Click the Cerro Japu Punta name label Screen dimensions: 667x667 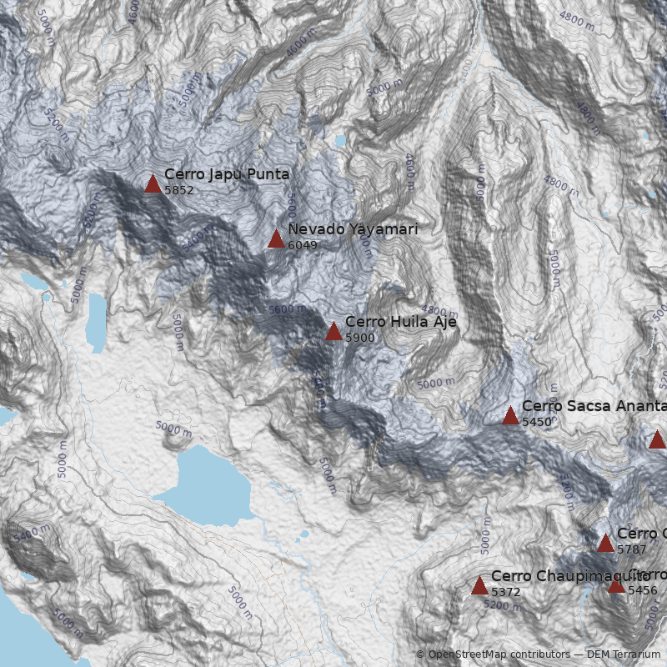[x=227, y=174]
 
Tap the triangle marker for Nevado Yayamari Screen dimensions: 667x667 [x=276, y=239]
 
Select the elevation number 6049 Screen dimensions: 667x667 [x=303, y=245]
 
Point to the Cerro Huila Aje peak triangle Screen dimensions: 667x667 [x=333, y=332]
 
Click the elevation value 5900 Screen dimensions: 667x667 [x=360, y=338]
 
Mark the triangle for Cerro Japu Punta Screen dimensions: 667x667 [x=153, y=184]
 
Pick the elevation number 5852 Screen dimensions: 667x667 [x=179, y=190]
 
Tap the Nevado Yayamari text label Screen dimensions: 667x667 [x=353, y=229]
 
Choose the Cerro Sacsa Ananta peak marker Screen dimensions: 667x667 [x=510, y=416]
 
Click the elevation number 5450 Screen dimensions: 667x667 [x=537, y=422]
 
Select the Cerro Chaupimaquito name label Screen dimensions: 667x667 [x=570, y=576]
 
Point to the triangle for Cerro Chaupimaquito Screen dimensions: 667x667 [x=479, y=586]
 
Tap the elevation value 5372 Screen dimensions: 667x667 [x=506, y=592]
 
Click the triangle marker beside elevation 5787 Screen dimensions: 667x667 [x=605, y=544]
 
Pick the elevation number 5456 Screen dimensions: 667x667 [x=643, y=590]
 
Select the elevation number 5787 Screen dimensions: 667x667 [x=632, y=549]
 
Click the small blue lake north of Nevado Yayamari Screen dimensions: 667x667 [x=340, y=141]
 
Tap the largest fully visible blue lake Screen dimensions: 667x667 [x=204, y=488]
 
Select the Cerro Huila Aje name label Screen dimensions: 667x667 [x=401, y=322]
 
